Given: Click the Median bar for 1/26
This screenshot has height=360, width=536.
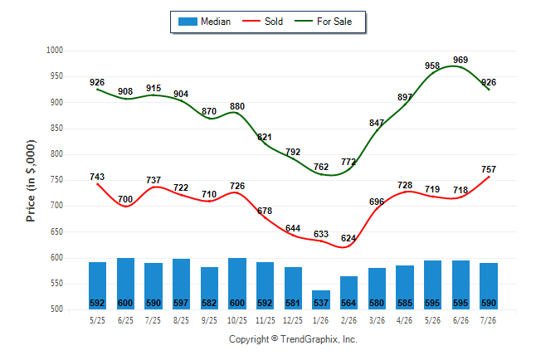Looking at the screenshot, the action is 321,299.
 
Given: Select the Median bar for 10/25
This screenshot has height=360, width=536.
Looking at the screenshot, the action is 237,284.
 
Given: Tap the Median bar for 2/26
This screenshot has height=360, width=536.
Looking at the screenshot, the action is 349,293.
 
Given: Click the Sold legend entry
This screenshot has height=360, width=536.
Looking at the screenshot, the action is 262,22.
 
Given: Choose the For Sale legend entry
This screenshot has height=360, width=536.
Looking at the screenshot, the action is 323,22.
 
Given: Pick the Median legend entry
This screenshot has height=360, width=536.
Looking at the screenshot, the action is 204,22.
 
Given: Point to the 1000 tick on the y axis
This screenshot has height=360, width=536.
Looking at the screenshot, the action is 55,51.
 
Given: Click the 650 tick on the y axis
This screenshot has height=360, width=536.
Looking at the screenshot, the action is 56,231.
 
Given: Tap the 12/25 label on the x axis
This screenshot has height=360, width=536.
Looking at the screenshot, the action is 293,320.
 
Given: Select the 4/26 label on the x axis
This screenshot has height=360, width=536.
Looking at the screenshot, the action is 404,320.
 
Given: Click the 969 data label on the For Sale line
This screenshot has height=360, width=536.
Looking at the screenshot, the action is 460,60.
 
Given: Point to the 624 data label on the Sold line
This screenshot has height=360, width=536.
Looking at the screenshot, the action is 348,238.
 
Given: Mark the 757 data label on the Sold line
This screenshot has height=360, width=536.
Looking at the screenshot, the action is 489,169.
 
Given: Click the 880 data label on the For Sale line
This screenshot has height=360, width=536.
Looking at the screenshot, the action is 237,106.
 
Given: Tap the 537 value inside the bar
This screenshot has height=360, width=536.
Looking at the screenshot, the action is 321,303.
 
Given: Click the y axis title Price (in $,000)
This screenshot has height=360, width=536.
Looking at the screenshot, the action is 31,181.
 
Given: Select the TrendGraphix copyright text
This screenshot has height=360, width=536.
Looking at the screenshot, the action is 293,339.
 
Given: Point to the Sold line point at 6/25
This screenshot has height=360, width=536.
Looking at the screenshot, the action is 126,207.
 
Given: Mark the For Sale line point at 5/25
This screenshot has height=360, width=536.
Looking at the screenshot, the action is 97,90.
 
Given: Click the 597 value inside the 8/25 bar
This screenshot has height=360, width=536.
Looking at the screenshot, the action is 181,303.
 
